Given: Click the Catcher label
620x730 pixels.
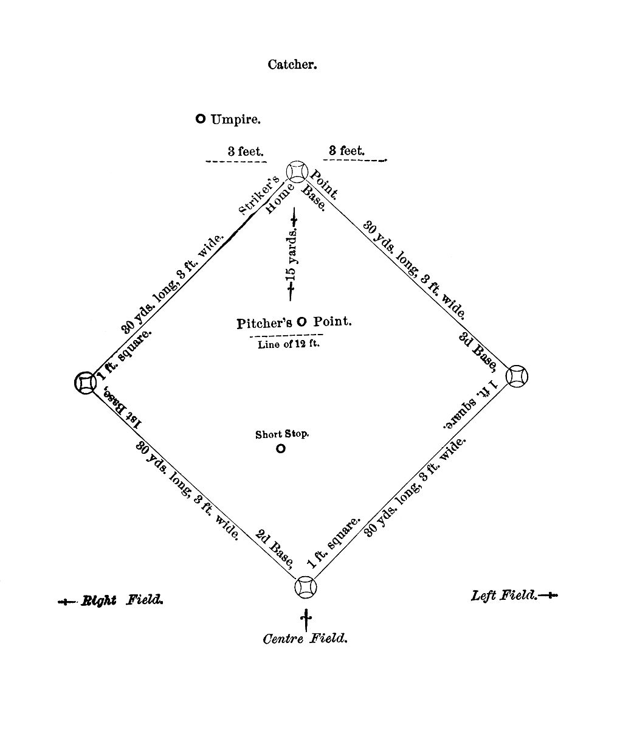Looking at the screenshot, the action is tap(292, 64).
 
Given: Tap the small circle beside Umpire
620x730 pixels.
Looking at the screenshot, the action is tap(201, 119).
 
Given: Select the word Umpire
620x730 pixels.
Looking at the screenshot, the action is tap(235, 120).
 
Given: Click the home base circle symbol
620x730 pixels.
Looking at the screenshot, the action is tap(297, 172).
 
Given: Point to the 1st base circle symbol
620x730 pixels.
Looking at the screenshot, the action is tap(85, 382).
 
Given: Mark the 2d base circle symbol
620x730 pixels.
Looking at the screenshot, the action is tap(306, 587).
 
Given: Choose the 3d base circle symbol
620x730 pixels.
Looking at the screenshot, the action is tap(517, 376).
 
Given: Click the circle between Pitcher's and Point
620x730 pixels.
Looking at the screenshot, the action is tap(301, 321).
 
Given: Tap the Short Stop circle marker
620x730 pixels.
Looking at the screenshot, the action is tap(281, 448).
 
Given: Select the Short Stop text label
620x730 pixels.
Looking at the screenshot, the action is tap(282, 434).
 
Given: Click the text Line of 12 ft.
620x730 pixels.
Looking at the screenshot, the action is tap(289, 344).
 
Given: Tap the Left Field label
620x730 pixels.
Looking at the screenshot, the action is tap(504, 596).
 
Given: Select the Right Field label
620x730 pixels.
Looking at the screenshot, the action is tap(122, 600).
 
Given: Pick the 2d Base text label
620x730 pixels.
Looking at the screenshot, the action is tap(274, 549).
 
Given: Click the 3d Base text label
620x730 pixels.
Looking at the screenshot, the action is tap(477, 352).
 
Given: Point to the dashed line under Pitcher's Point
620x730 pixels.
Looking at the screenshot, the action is tap(286, 335).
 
